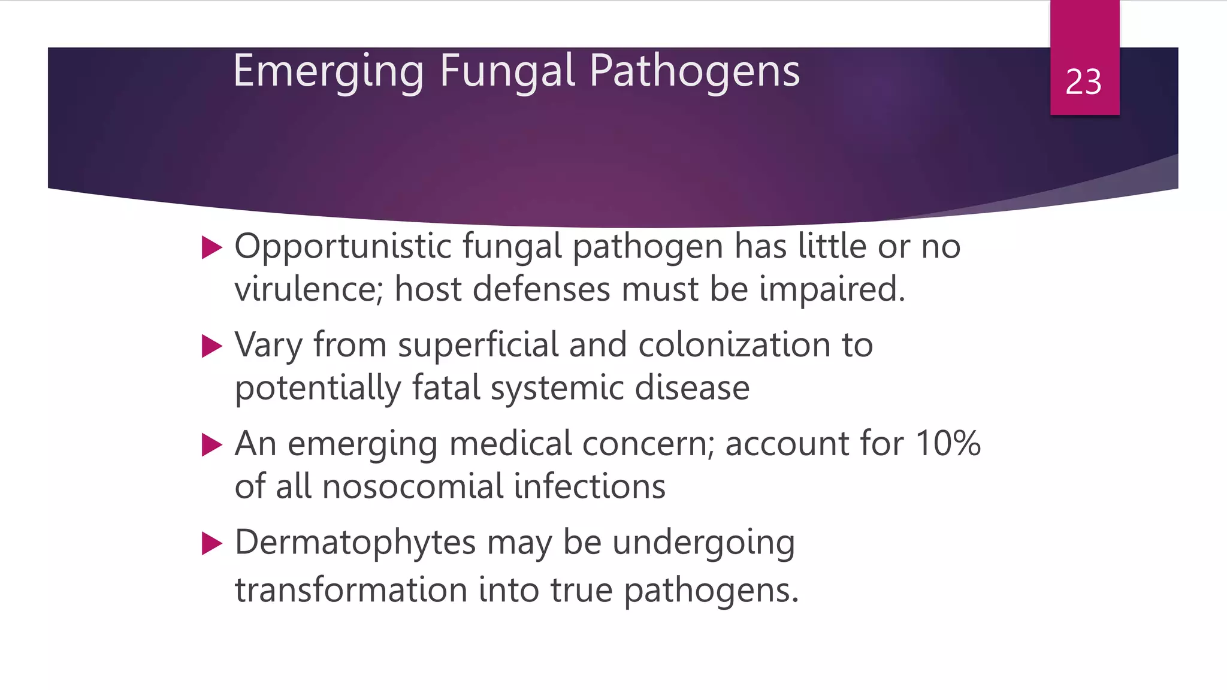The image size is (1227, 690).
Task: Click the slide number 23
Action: [x=1083, y=82]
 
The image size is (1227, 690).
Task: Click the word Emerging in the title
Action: [x=329, y=71]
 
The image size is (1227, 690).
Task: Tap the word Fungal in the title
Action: [x=507, y=71]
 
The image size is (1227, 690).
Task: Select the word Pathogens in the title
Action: [x=694, y=71]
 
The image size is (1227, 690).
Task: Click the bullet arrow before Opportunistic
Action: [x=211, y=247]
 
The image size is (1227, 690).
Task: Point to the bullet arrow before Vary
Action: [x=211, y=346]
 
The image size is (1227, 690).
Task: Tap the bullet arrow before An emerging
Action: [x=211, y=445]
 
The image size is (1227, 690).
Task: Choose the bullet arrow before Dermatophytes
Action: [x=211, y=544]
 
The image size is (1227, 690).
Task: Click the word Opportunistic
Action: [x=343, y=247]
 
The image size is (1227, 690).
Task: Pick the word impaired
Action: [x=832, y=289]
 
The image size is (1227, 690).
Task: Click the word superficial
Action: [x=477, y=346]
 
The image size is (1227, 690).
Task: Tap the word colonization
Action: [x=735, y=346]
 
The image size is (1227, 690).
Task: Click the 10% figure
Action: [x=948, y=444]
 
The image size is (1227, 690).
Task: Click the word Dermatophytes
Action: [x=355, y=543]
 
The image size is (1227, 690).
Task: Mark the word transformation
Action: [x=350, y=590]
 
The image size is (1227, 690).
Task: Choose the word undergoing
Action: [x=703, y=544]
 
